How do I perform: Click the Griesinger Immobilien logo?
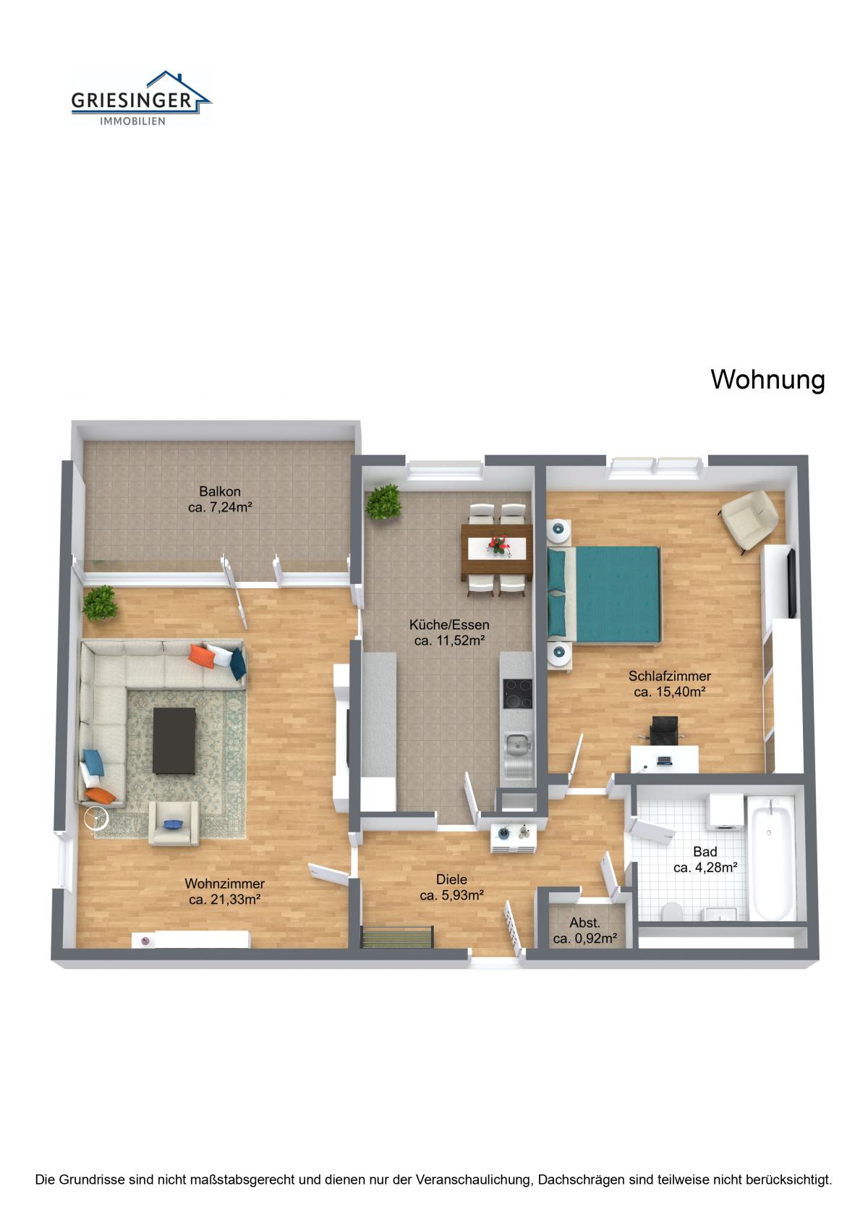point(141,98)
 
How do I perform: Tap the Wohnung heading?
point(767,380)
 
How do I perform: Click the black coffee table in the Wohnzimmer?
point(174,741)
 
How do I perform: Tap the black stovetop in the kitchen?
point(517,694)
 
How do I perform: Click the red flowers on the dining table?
point(498,545)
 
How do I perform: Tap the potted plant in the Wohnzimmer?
point(101,603)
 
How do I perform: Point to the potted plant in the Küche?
point(383,501)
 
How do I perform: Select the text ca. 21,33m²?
point(224,899)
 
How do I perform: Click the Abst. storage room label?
point(584,923)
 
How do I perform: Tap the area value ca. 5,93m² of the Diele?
point(451,895)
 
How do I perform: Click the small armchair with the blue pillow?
point(174,823)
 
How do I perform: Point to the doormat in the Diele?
point(397,936)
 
